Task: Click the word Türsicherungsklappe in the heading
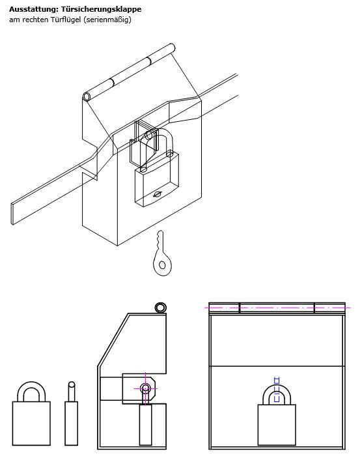point(102,9)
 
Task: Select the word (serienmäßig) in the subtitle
point(107,20)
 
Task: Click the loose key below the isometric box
point(161,253)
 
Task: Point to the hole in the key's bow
point(162,265)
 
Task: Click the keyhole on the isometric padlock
point(158,194)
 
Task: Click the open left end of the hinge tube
point(87,96)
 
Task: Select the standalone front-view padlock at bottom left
point(31,413)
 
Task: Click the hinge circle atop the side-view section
point(160,308)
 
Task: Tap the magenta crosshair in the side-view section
point(145,388)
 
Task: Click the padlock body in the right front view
point(277,425)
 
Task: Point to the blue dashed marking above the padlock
point(277,390)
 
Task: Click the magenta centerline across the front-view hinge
point(277,308)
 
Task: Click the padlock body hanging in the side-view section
point(145,425)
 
